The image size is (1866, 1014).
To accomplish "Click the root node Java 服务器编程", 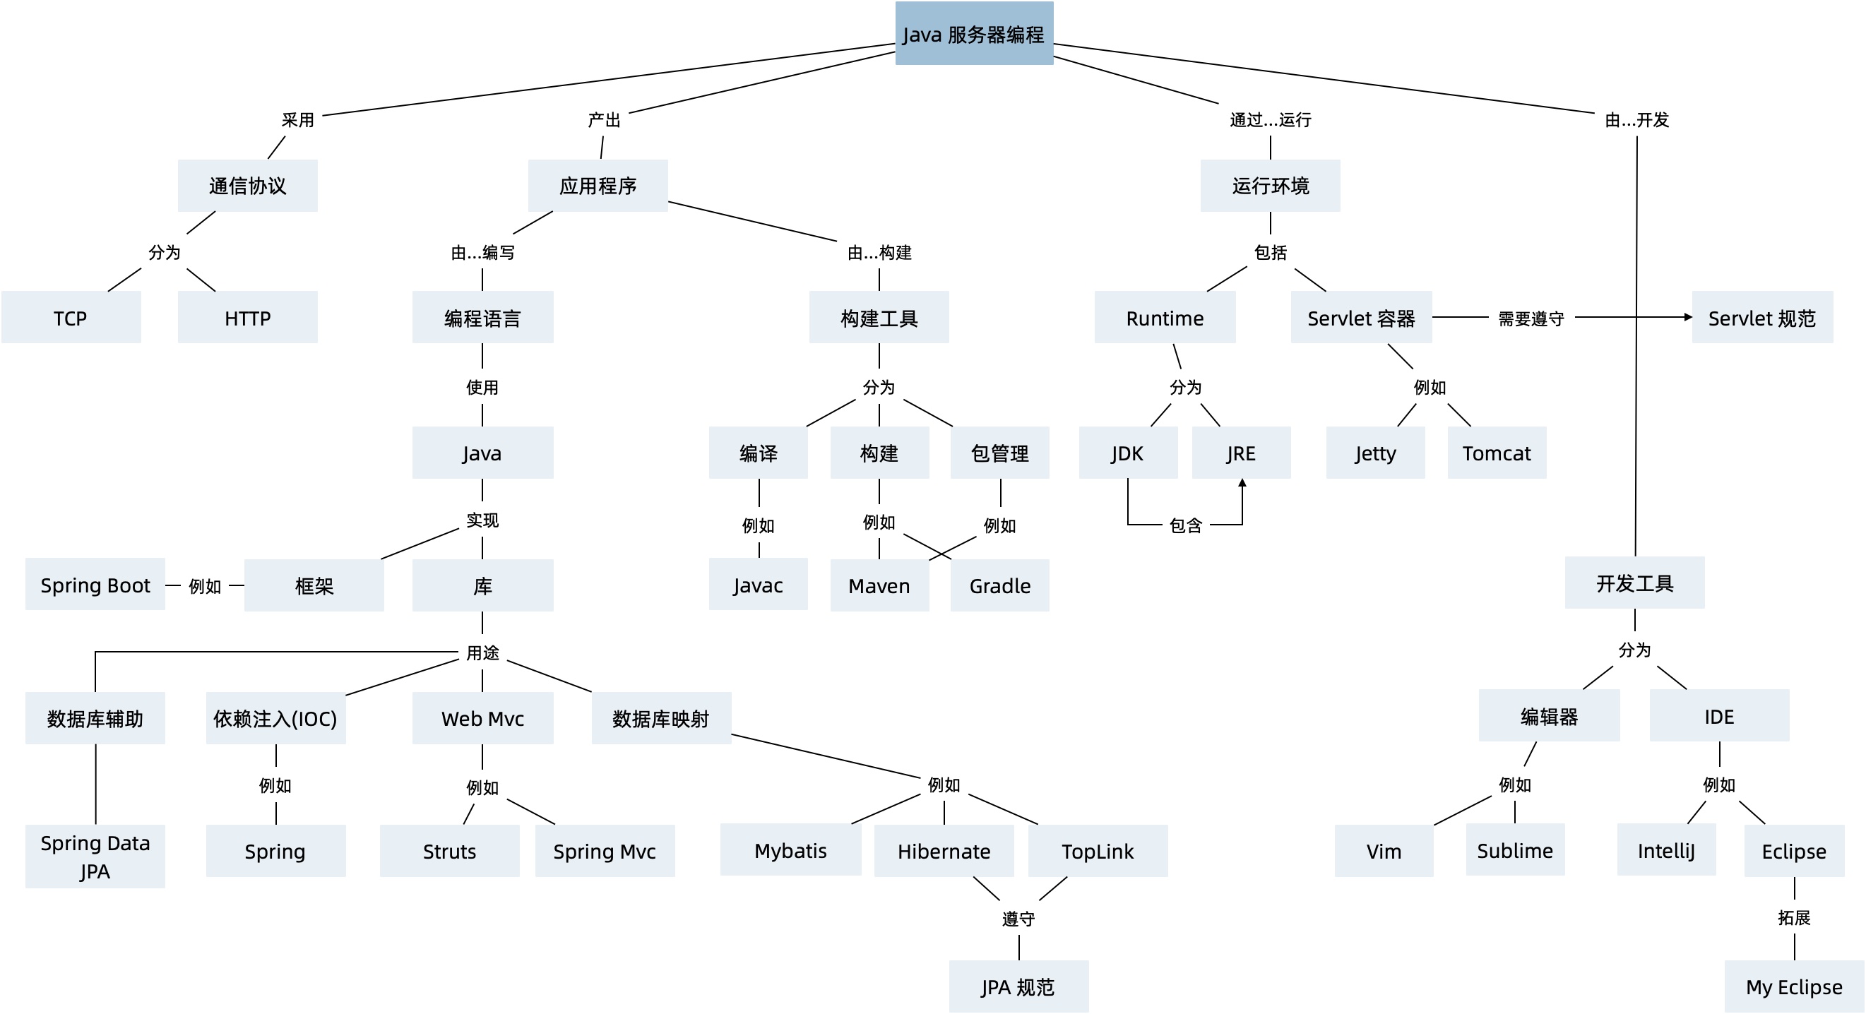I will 973,33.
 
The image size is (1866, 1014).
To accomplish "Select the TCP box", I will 70,317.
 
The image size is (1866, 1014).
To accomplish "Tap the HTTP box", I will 247,317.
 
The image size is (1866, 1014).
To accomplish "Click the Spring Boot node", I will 95,584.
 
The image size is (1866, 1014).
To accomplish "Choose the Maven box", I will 879,585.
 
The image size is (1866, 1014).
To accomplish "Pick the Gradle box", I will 999,585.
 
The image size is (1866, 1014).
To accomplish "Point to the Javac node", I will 757,584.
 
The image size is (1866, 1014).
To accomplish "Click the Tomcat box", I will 1496,453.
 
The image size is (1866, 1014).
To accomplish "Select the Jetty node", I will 1374,453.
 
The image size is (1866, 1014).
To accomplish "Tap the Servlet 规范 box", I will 1761,317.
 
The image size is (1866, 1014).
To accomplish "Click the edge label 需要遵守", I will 1530,318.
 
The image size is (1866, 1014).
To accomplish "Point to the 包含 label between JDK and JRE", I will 1185,525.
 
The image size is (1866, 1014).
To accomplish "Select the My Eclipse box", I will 1793,986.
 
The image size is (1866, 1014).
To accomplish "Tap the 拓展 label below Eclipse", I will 1793,917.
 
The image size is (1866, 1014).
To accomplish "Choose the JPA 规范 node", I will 1018,986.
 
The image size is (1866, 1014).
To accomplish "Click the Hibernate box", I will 943,850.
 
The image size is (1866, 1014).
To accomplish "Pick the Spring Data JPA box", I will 95,855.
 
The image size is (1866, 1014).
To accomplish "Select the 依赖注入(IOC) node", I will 275,717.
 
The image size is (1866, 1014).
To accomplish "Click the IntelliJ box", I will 1665,849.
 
